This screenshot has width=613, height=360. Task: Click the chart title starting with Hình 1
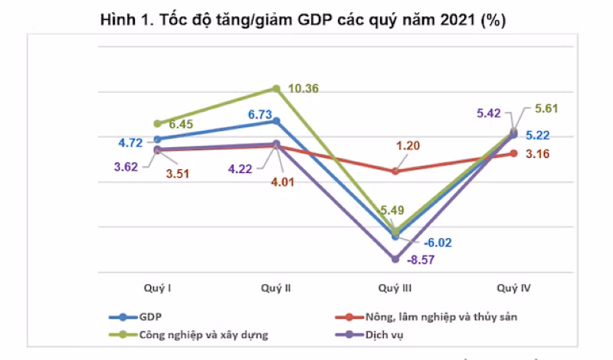click(303, 21)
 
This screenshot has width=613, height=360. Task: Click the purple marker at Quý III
click(395, 259)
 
